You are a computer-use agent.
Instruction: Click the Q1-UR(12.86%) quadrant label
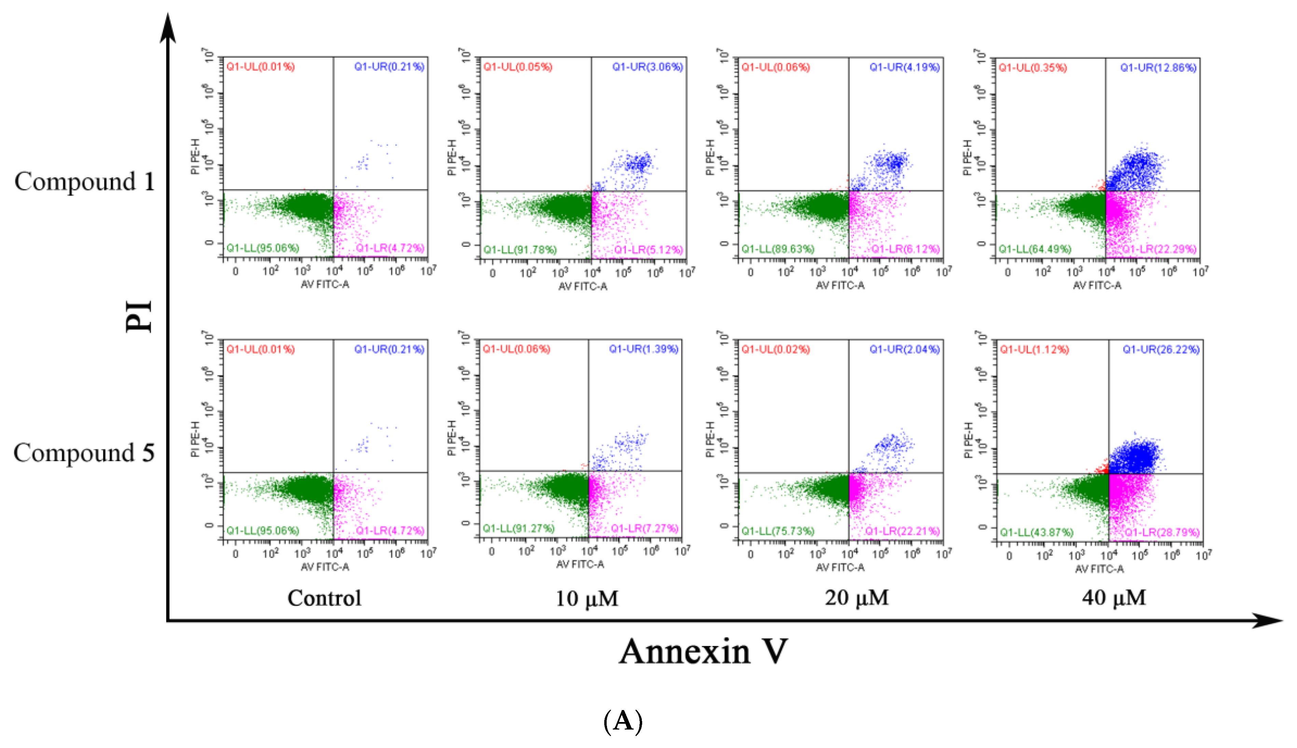[x=1158, y=67]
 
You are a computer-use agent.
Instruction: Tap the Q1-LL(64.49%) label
[x=1035, y=249]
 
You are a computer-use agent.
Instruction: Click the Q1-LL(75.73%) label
[x=777, y=531]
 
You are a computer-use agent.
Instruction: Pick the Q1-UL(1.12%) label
[x=1034, y=349]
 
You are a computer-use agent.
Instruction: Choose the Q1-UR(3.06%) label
[x=647, y=67]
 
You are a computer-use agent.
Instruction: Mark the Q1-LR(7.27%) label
[x=644, y=528]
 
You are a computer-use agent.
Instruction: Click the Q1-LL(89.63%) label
[x=777, y=249]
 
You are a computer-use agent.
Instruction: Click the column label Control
[x=325, y=598]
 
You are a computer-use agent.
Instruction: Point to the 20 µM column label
[x=857, y=598]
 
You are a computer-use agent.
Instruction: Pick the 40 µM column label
[x=1114, y=598]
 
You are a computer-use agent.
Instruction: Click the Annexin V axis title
[x=703, y=651]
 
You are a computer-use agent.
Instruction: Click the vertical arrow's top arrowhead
[x=168, y=26]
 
